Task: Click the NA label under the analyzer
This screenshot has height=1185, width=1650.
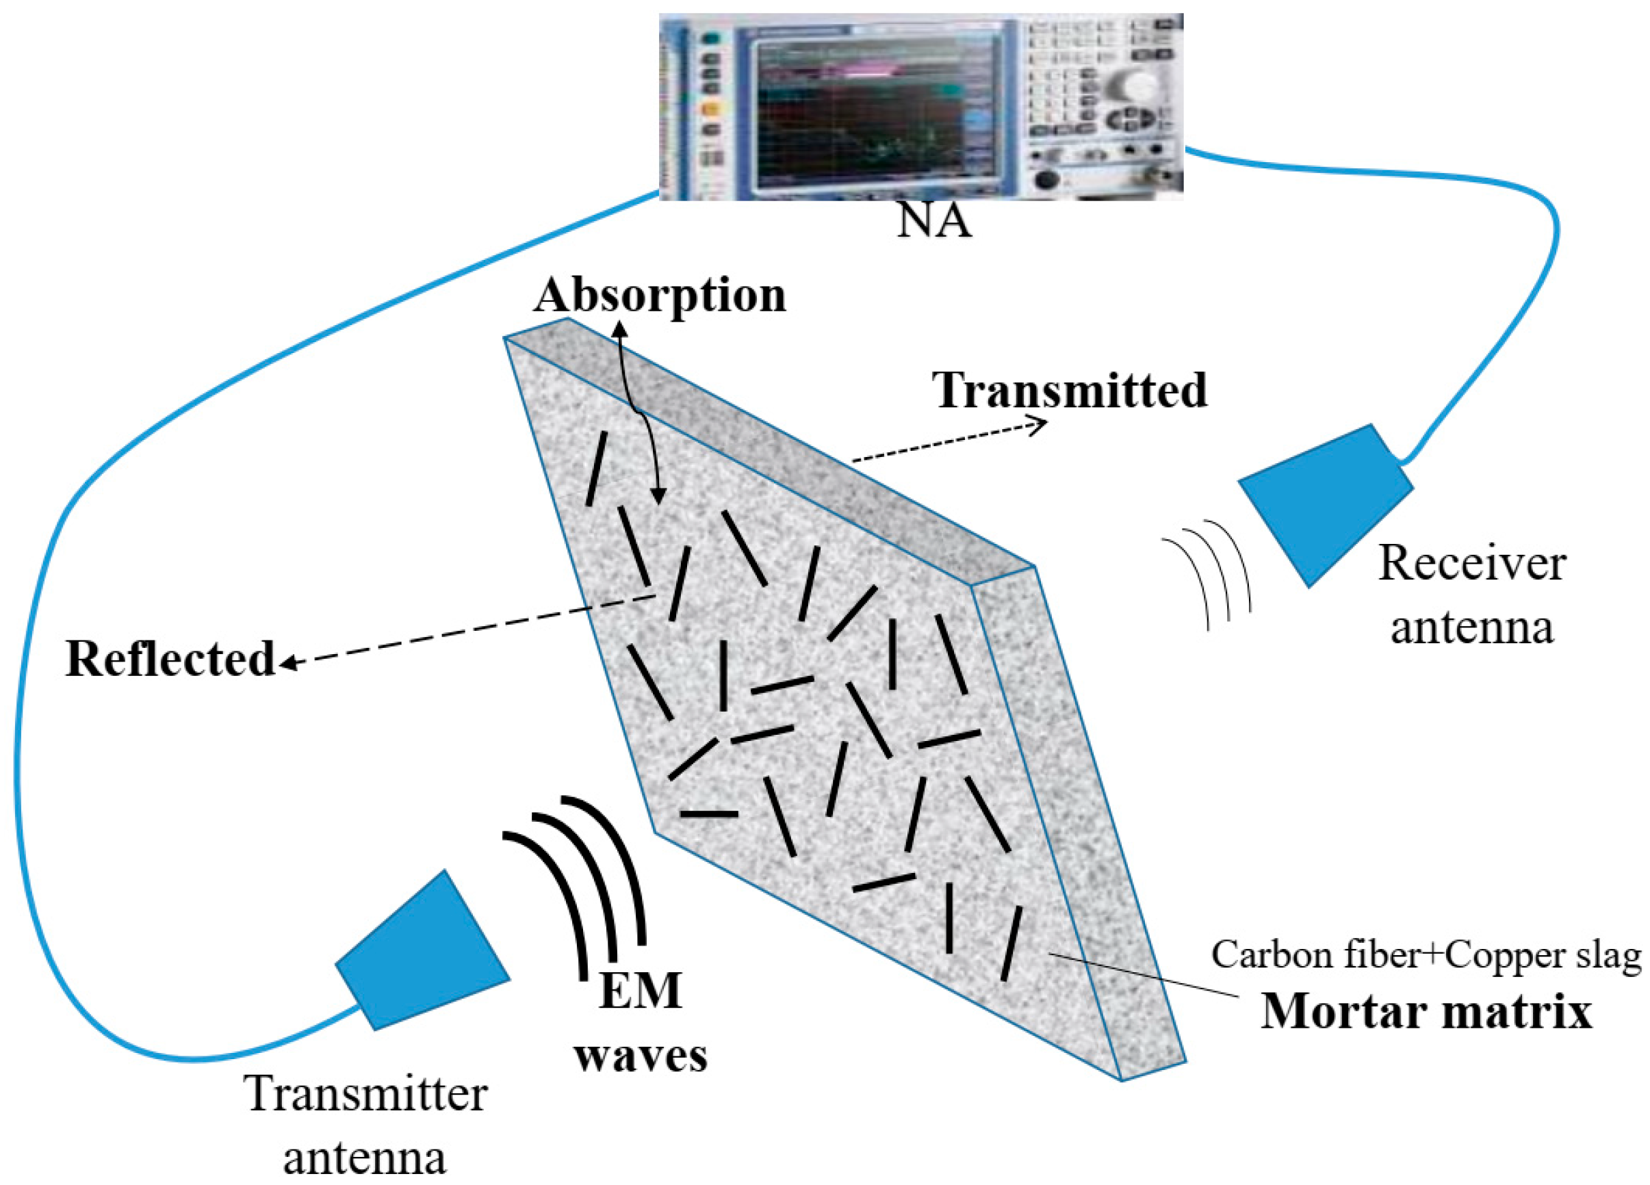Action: [x=933, y=222]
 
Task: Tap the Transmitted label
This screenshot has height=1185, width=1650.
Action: [x=1070, y=390]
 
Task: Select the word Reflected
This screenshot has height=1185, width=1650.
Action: [x=170, y=659]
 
